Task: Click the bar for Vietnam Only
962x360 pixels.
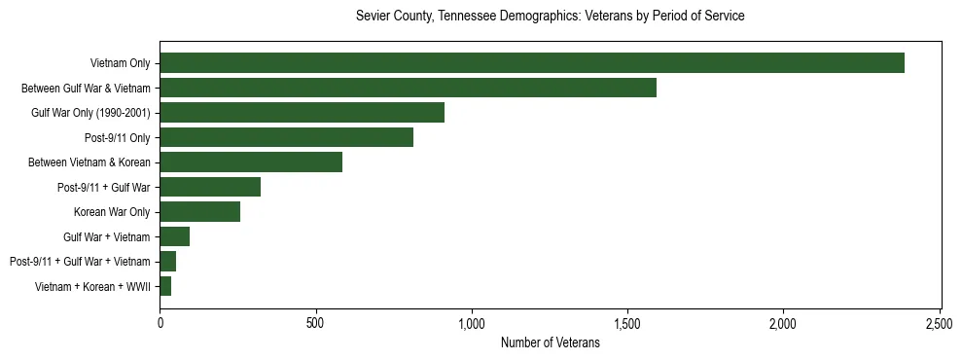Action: (532, 63)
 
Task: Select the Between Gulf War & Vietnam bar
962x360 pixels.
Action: (408, 88)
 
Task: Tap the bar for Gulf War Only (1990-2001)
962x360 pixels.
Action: (302, 113)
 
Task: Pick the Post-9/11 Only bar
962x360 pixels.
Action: (286, 137)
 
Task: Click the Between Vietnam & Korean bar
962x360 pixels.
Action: (251, 162)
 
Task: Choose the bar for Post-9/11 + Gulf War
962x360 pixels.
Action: (210, 187)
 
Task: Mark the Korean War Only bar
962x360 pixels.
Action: (199, 212)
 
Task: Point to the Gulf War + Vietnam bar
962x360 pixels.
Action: (174, 236)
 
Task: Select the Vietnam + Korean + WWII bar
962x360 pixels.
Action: (165, 286)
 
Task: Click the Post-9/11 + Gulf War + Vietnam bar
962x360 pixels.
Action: (167, 262)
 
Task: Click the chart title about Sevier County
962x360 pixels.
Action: (550, 17)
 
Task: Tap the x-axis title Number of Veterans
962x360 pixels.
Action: (550, 342)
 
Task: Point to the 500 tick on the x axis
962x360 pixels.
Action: (315, 322)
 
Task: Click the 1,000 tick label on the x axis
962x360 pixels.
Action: (472, 322)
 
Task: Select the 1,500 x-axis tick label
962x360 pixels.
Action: (627, 322)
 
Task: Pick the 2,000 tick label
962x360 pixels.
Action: (784, 322)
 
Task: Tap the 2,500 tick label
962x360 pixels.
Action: (940, 322)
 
